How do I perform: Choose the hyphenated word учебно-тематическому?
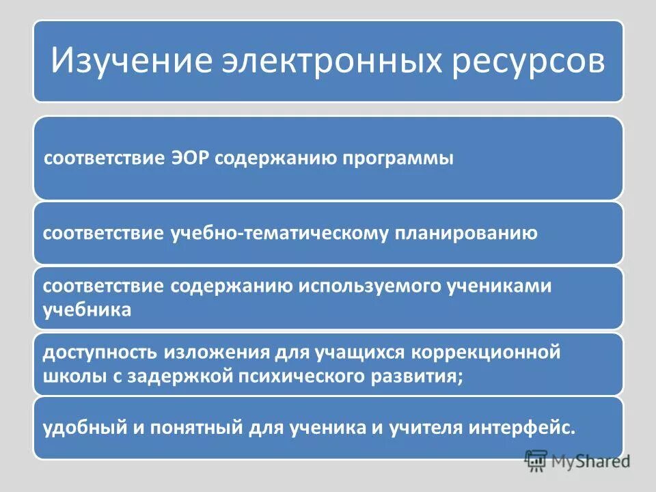(278, 234)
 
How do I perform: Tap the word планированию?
(466, 234)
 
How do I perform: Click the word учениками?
(504, 286)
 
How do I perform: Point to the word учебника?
(87, 309)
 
